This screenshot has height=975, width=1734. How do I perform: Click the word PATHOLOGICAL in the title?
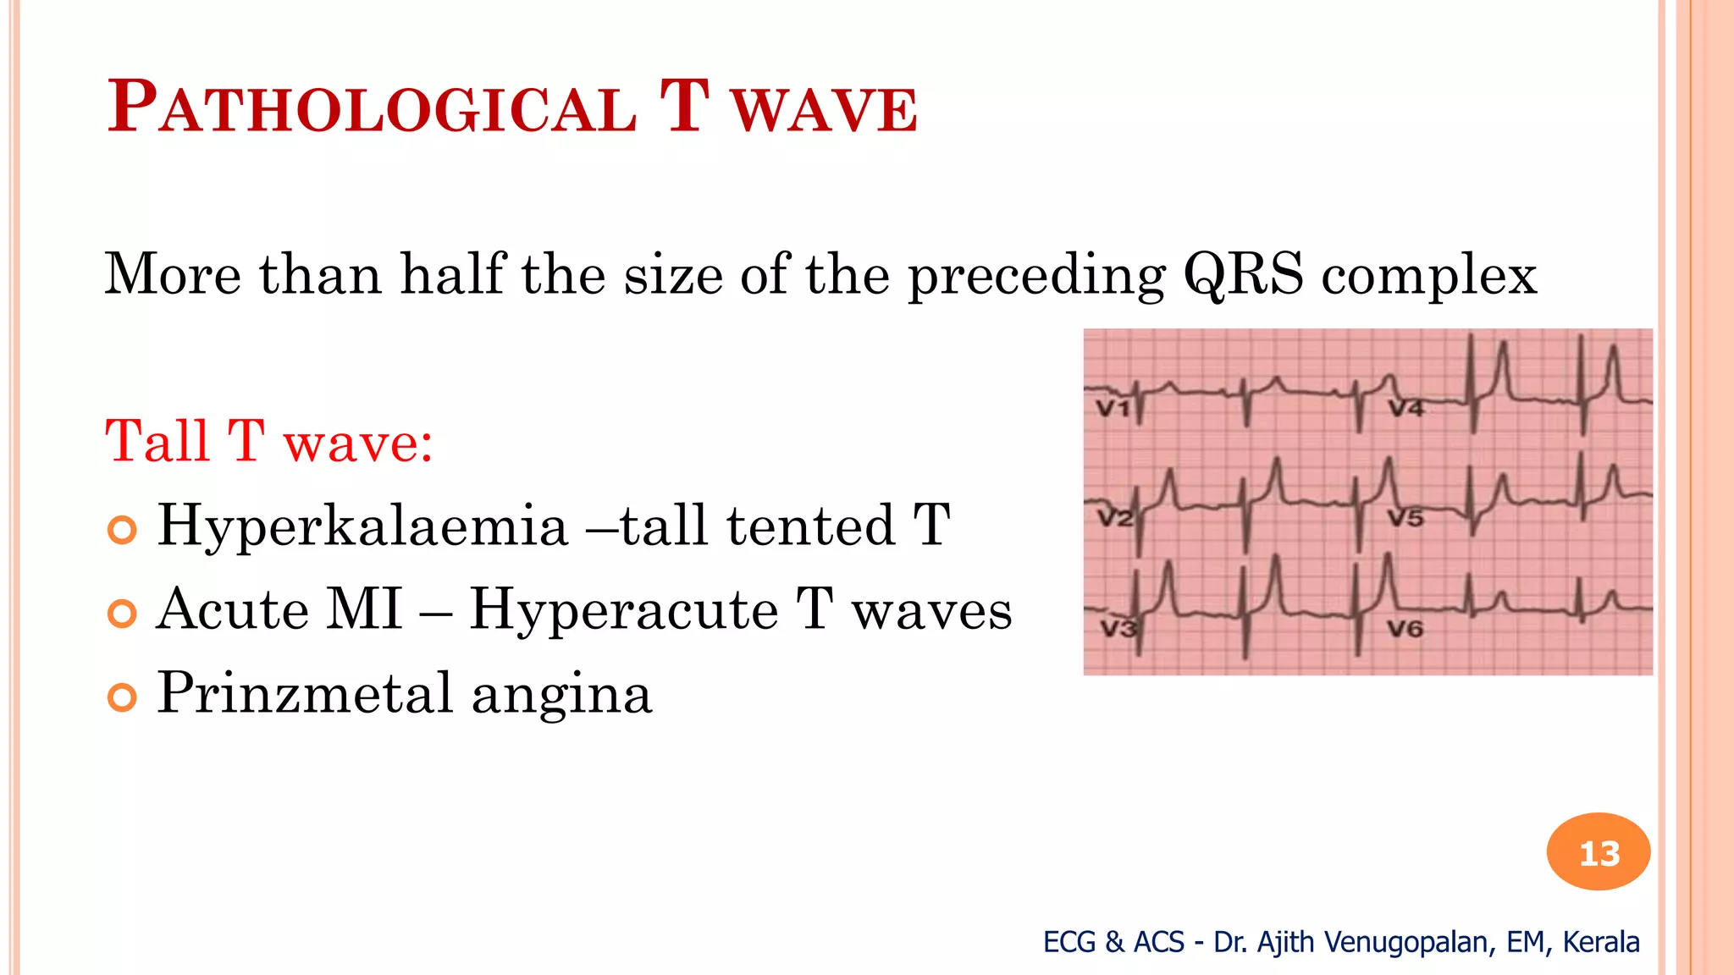(x=373, y=108)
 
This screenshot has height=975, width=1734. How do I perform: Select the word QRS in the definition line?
(x=1243, y=275)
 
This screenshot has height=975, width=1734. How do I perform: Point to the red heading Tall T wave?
(x=269, y=442)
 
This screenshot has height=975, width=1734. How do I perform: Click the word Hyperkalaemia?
(x=362, y=526)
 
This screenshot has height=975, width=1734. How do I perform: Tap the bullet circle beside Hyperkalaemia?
(x=123, y=531)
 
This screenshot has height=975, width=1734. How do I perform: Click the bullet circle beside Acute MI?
(x=123, y=614)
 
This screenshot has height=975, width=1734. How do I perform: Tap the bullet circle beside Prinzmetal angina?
(x=123, y=698)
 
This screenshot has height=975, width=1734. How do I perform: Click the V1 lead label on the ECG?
(x=1113, y=409)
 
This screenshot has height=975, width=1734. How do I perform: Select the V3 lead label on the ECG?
(x=1118, y=629)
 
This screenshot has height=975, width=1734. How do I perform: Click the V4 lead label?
(x=1406, y=409)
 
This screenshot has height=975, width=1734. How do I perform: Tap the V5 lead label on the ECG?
(x=1405, y=517)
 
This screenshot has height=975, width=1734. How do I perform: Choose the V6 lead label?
(x=1405, y=629)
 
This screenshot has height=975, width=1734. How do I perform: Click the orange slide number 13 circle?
(x=1599, y=852)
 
